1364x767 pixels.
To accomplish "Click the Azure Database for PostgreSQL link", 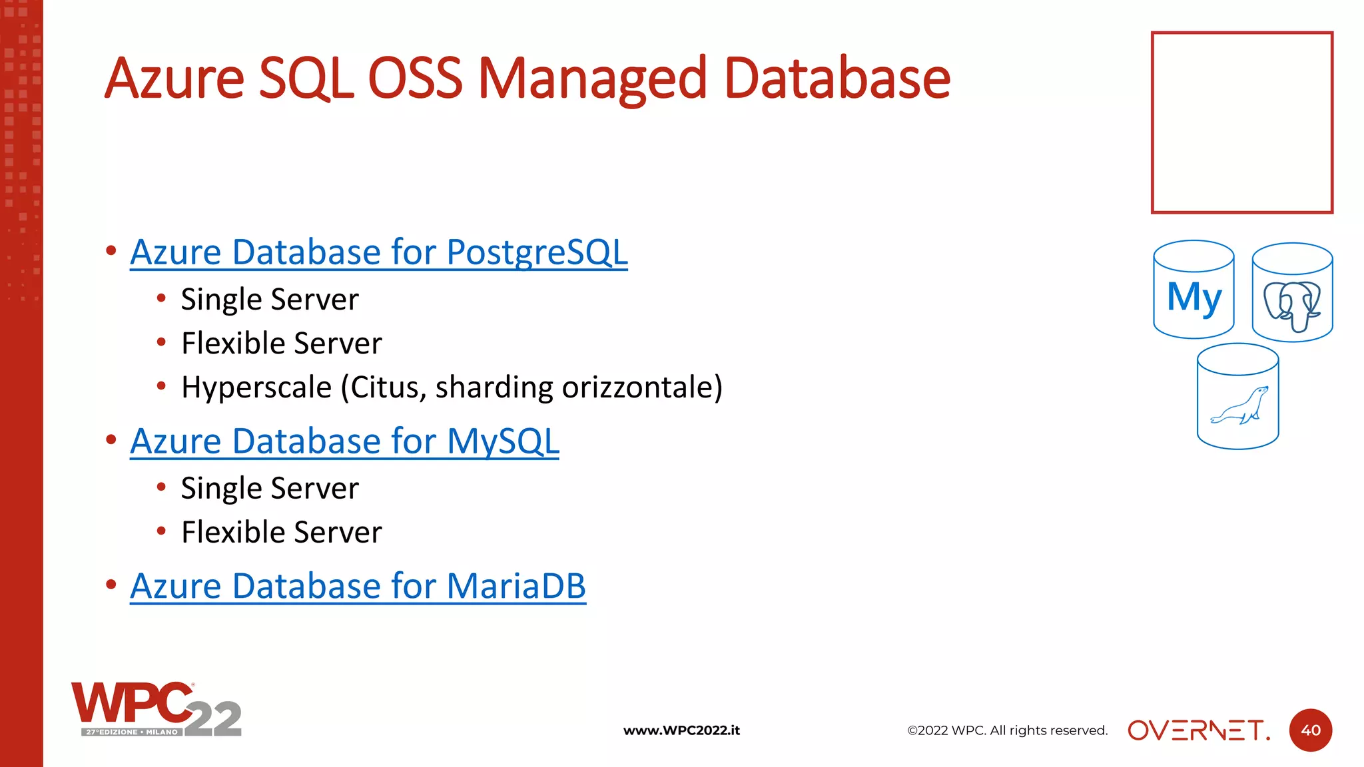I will (x=378, y=253).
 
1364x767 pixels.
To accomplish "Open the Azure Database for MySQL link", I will (x=344, y=442).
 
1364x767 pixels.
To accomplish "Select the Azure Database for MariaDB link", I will (x=358, y=587).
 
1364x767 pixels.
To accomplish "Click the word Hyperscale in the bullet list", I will (x=256, y=388).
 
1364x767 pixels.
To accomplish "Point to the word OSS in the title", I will (x=415, y=79).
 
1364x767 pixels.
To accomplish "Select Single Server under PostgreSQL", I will (x=270, y=300).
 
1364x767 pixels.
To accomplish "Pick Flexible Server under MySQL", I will (x=282, y=533).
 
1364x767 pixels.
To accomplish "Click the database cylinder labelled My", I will (x=1193, y=291).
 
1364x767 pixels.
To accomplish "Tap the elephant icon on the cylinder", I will (x=1292, y=305).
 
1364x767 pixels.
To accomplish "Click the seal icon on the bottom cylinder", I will (x=1239, y=405).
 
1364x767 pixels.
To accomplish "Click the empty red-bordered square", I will (x=1241, y=123).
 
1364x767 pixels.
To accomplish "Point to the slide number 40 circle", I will (x=1310, y=730).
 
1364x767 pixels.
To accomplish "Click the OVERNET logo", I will (x=1198, y=730).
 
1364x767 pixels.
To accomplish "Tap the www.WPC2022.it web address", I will (x=681, y=730).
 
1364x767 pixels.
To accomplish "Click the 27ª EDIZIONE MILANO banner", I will (x=132, y=732).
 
